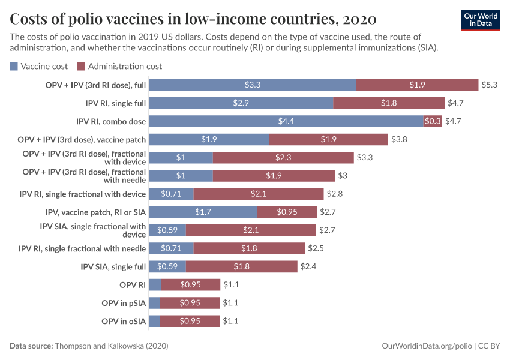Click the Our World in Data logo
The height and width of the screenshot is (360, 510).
481,19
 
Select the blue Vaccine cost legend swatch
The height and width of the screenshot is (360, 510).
14,66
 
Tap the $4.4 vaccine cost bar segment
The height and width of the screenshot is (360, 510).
286,121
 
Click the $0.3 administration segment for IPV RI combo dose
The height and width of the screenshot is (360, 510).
433,121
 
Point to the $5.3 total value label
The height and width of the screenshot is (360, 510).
490,85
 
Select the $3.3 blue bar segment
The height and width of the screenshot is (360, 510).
253,85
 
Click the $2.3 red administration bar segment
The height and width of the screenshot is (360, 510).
283,157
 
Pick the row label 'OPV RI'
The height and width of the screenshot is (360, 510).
133,284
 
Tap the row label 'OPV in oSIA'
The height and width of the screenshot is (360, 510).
124,321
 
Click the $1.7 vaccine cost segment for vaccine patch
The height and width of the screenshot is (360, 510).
203,212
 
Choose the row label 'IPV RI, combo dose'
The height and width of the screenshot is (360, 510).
111,121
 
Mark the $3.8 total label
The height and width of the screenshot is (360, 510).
400,139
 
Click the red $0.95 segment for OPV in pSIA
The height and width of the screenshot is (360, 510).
190,303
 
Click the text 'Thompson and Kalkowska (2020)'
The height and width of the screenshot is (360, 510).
111,346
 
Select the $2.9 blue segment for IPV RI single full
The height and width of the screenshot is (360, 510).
241,103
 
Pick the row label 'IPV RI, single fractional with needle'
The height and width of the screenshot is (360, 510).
82,248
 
